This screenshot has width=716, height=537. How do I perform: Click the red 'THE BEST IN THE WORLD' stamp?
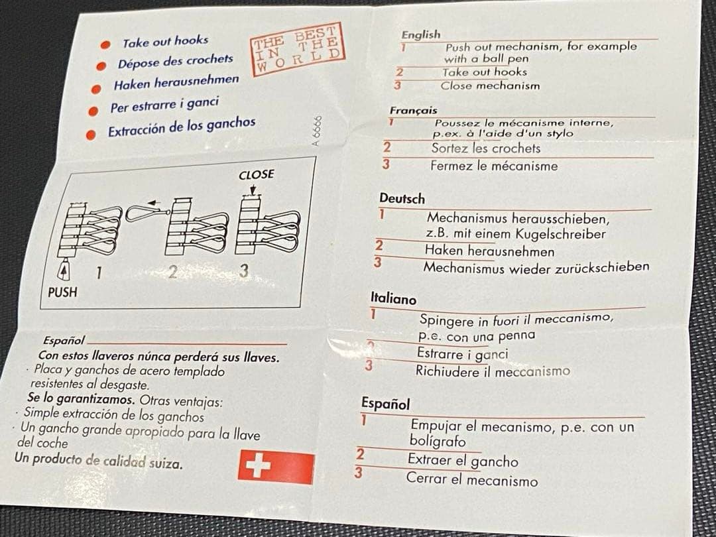[x=298, y=49]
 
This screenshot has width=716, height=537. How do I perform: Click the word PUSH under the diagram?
[x=62, y=292]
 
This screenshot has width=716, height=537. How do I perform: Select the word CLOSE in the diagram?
[x=256, y=175]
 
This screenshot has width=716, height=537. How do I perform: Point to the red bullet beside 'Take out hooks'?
[x=105, y=45]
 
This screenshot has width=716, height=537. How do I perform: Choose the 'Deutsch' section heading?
[x=402, y=199]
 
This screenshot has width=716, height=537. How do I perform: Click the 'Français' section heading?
[x=413, y=110]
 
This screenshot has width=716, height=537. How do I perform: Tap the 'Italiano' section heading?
[x=393, y=299]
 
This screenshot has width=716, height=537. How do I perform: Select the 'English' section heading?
[x=421, y=34]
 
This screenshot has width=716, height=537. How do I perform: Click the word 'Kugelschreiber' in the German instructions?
[x=560, y=234]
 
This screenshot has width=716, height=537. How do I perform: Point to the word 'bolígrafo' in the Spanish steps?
[x=438, y=442]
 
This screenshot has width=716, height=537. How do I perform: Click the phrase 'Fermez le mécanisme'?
[x=494, y=165]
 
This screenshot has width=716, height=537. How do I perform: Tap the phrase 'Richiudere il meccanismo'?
[x=493, y=371]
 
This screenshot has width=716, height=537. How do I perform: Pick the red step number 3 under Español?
[x=359, y=473]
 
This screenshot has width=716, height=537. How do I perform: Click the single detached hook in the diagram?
[x=147, y=212]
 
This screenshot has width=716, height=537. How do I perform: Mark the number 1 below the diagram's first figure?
[x=99, y=273]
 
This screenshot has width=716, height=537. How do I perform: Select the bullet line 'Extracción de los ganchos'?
[x=182, y=127]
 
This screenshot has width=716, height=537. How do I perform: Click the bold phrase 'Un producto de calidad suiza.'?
[x=99, y=461]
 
